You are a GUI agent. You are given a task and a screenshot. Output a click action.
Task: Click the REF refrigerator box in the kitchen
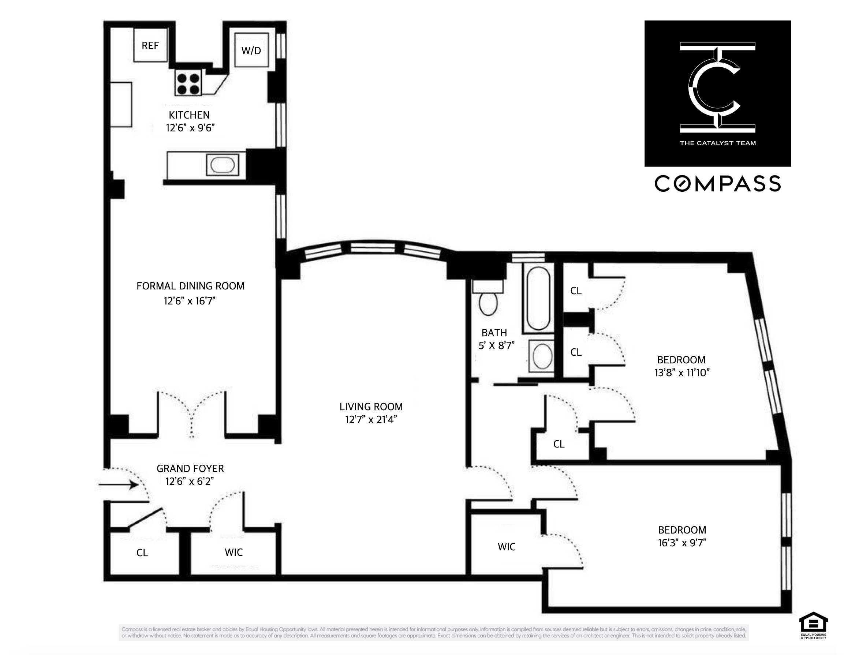150,46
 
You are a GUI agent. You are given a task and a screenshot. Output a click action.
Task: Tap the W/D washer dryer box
251,50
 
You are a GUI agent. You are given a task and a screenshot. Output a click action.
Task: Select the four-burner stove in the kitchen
188,84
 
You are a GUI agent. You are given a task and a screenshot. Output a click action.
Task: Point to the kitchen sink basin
222,165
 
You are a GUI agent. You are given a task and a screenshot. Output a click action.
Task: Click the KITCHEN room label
189,115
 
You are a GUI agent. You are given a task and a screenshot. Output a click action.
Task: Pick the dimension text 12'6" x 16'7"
189,301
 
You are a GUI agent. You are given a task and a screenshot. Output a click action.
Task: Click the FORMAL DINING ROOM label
191,286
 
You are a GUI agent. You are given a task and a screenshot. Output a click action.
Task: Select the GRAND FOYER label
190,469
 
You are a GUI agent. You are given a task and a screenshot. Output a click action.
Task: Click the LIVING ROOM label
371,407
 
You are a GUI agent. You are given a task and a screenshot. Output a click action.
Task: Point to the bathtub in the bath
538,298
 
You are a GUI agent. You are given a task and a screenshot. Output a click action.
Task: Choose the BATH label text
494,333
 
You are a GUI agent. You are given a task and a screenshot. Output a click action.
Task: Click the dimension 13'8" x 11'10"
682,373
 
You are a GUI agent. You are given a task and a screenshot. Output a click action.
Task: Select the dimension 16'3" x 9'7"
682,543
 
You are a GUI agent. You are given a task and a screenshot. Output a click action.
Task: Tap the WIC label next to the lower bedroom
507,547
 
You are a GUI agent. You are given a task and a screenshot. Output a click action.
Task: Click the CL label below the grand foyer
142,553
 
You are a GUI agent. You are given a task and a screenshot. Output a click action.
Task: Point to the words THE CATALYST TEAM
718,143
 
